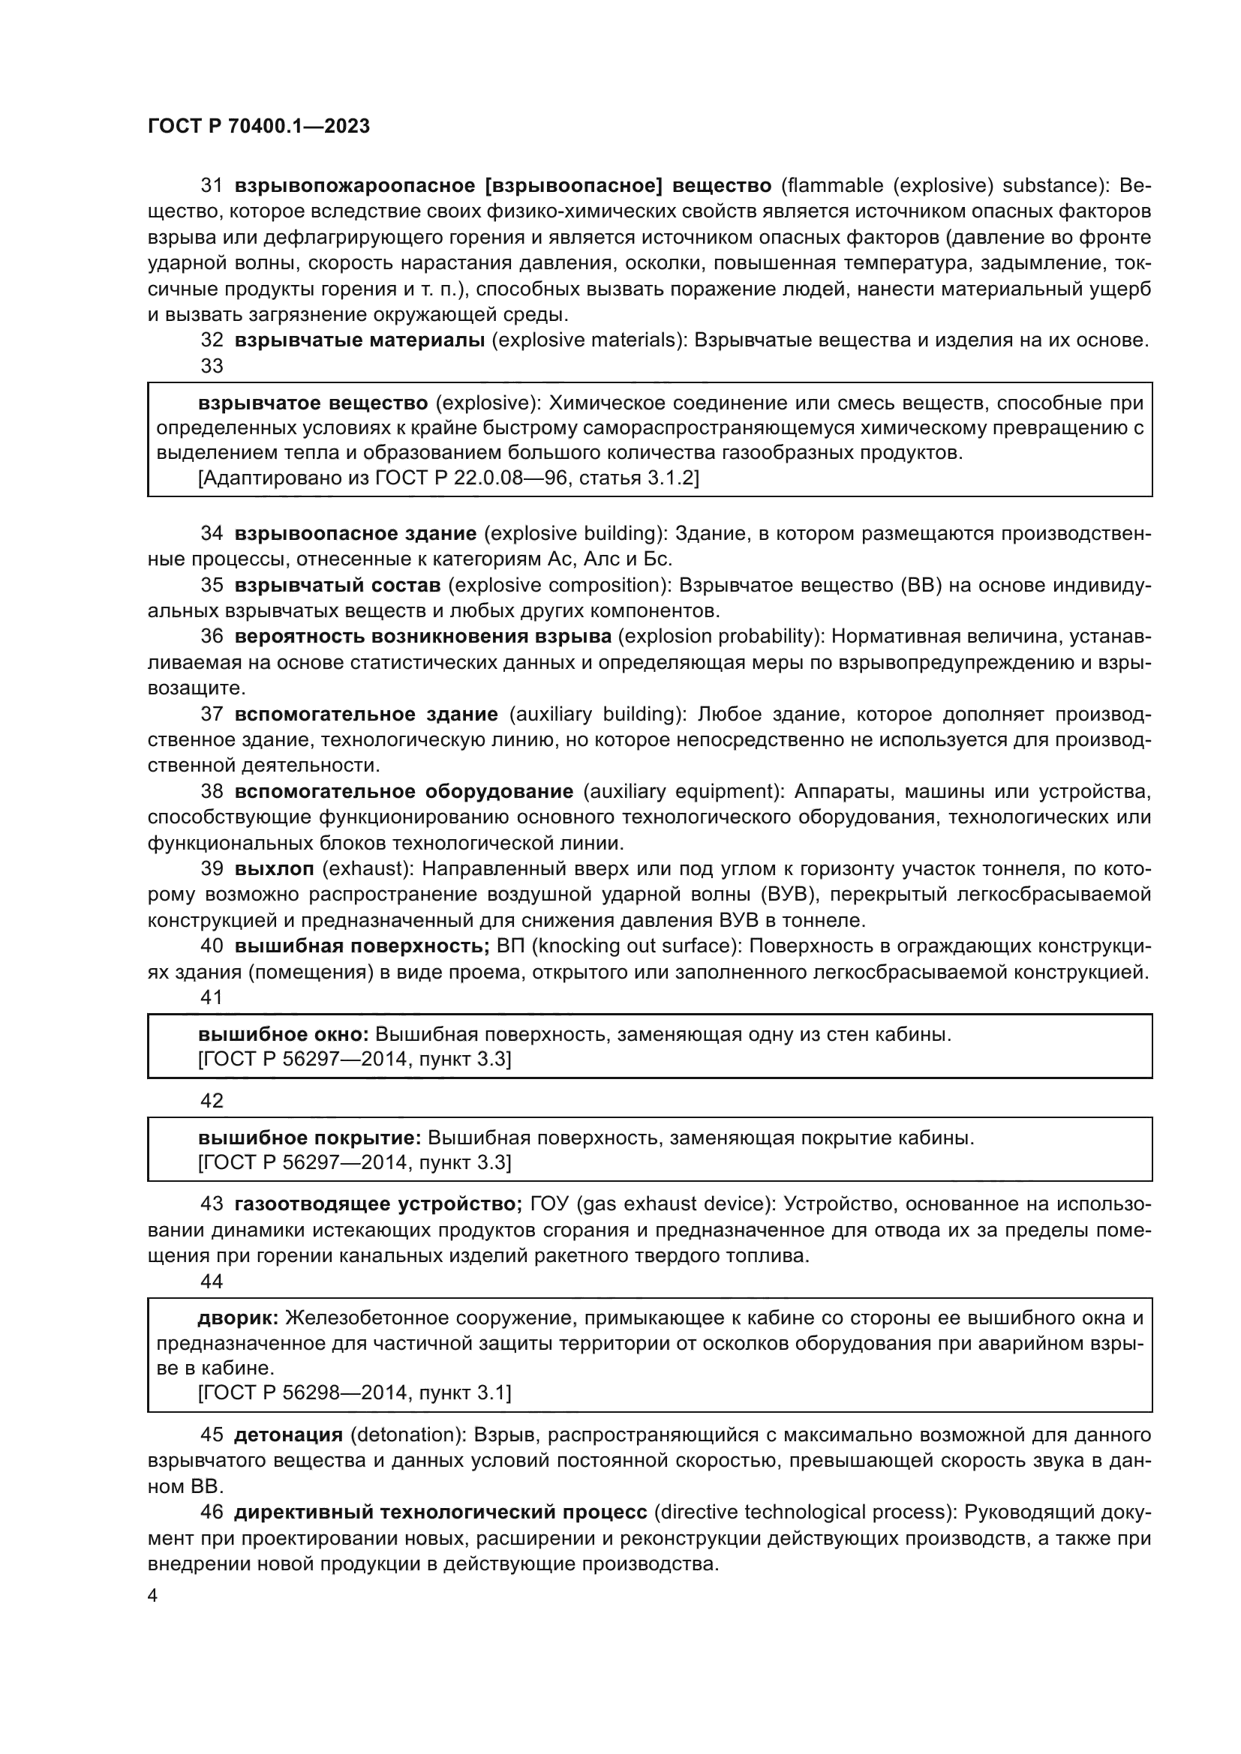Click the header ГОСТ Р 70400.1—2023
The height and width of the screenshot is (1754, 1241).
tap(258, 126)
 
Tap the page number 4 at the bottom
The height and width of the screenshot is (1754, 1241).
tap(152, 1596)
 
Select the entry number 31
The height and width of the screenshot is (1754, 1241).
tap(211, 186)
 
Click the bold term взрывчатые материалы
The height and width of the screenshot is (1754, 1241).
tap(359, 340)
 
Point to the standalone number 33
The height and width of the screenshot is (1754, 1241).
tap(212, 366)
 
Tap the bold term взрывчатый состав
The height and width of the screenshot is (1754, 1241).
tap(337, 585)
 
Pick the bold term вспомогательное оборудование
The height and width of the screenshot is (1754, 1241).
tap(404, 791)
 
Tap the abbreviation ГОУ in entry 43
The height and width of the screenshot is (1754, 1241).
tap(549, 1204)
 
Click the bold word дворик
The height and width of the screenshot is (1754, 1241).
tap(238, 1318)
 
